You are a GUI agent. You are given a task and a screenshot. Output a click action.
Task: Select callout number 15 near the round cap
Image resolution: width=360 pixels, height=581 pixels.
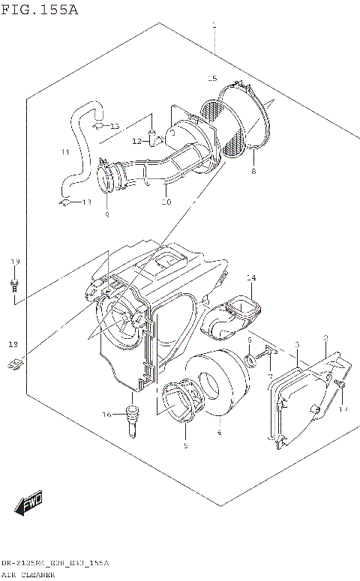pyautogui.click(x=212, y=79)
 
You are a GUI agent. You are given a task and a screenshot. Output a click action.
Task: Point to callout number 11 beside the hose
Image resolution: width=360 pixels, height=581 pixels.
pyautogui.click(x=65, y=152)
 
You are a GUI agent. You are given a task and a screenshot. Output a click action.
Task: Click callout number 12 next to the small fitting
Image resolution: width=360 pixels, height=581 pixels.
pyautogui.click(x=136, y=141)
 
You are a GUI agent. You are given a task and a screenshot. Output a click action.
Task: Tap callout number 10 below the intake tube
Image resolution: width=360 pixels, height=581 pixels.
pyautogui.click(x=166, y=202)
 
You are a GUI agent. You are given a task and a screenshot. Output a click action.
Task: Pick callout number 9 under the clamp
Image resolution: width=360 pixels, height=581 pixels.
pyautogui.click(x=106, y=214)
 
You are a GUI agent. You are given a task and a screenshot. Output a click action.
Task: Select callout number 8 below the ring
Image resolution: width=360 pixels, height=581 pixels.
pyautogui.click(x=253, y=172)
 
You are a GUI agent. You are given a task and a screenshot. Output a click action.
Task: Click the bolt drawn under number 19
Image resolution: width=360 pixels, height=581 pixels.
pyautogui.click(x=15, y=286)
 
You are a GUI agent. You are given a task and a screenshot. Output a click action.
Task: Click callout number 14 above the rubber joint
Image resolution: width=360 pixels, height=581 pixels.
pyautogui.click(x=250, y=278)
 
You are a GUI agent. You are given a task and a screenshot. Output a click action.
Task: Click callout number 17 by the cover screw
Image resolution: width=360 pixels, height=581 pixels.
pyautogui.click(x=343, y=409)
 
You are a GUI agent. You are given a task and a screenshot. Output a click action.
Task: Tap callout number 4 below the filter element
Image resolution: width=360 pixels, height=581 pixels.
pyautogui.click(x=219, y=433)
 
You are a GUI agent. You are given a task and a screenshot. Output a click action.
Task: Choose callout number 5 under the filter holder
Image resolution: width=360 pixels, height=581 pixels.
pyautogui.click(x=185, y=445)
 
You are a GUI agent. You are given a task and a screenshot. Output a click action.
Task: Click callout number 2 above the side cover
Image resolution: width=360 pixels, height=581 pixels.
pyautogui.click(x=325, y=338)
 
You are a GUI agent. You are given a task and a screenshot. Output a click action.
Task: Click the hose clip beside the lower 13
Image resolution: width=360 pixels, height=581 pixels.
pyautogui.click(x=65, y=201)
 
